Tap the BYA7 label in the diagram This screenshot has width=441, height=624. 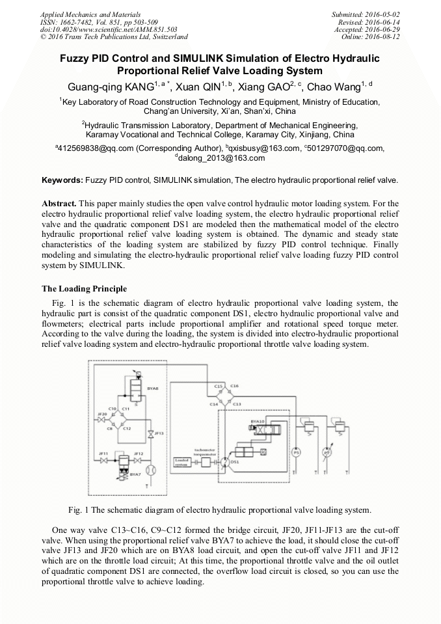(x=135, y=474)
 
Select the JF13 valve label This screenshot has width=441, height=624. (x=159, y=433)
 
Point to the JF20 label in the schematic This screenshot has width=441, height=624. (x=101, y=414)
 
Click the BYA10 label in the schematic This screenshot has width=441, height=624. (x=258, y=422)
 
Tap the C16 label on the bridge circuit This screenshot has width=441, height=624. (x=235, y=387)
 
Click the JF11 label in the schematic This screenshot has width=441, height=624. (x=103, y=453)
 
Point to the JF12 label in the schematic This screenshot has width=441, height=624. (x=138, y=453)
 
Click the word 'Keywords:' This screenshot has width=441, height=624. (x=62, y=180)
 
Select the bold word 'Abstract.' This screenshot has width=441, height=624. (x=60, y=203)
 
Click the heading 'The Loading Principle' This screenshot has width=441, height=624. (x=85, y=288)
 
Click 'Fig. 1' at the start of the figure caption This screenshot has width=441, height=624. (x=79, y=509)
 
